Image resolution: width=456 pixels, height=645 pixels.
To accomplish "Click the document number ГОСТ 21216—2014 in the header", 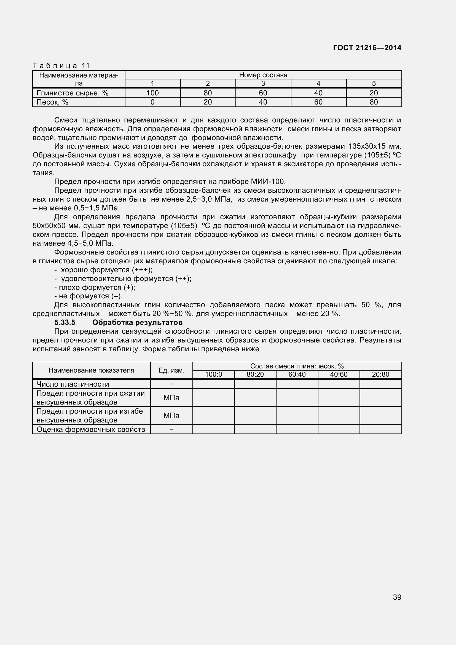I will click(x=367, y=48).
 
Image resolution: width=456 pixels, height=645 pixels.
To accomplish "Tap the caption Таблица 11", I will click(x=61, y=66).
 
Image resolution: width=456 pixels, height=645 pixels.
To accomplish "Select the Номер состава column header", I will click(x=263, y=75).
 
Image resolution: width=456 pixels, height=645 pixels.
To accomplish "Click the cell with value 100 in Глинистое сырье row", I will click(x=152, y=93).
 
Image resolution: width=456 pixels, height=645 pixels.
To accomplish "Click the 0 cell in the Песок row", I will click(x=152, y=102).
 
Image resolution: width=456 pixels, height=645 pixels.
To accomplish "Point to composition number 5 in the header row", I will click(x=374, y=84).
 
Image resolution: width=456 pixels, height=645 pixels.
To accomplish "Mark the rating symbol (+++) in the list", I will click(x=142, y=270).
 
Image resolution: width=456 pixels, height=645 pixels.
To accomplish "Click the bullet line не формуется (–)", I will click(x=88, y=296).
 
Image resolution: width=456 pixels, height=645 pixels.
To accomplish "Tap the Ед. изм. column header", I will click(x=171, y=370).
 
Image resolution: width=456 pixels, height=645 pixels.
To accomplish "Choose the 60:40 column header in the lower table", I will click(x=297, y=374).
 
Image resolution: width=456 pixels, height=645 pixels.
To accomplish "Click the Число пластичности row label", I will click(x=73, y=384).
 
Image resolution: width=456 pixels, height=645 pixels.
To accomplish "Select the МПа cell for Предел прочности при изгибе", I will click(x=171, y=416).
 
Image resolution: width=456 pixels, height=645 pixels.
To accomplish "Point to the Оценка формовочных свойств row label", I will click(x=91, y=429).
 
